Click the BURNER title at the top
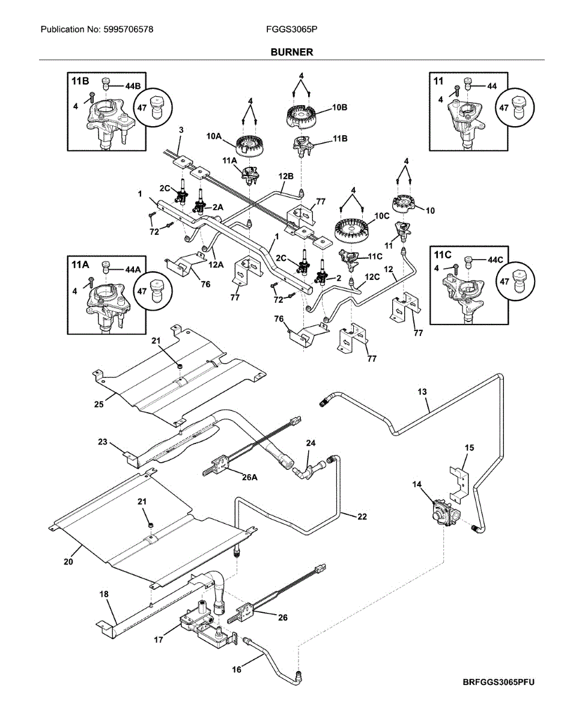[x=291, y=52]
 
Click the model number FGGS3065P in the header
[x=291, y=29]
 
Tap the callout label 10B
[x=340, y=108]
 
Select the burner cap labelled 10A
[x=247, y=145]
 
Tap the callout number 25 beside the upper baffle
[x=99, y=404]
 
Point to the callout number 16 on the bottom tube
[x=237, y=669]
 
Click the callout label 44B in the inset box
[x=133, y=87]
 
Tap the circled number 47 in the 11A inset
[x=142, y=291]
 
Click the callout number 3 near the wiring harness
[x=181, y=129]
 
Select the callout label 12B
[x=286, y=176]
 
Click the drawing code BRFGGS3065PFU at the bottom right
[x=499, y=683]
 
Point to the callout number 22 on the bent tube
[x=362, y=516]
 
